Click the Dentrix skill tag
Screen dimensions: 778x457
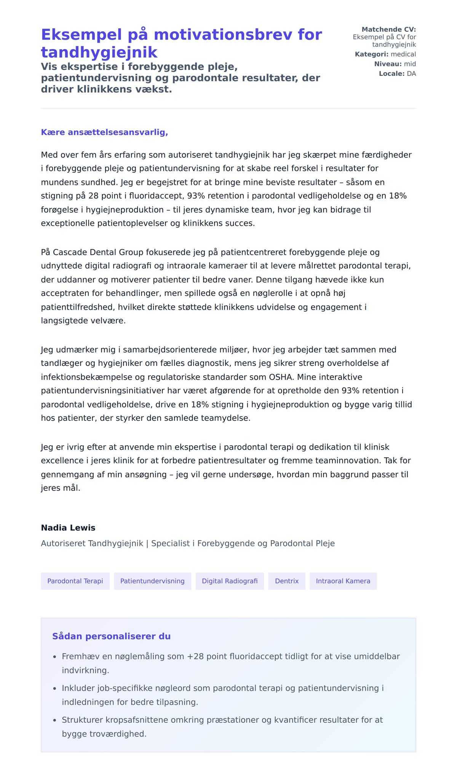(287, 581)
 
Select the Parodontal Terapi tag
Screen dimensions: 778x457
(75, 581)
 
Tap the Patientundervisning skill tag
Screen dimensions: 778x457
(152, 581)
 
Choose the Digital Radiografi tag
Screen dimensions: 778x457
(230, 581)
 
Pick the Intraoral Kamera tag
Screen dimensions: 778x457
(343, 581)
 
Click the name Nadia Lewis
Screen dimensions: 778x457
(68, 528)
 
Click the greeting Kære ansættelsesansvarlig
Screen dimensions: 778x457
(104, 132)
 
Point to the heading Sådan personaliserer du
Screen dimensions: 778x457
(111, 636)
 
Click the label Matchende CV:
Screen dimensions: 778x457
(388, 29)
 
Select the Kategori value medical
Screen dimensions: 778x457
(403, 54)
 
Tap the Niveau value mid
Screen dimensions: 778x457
(410, 64)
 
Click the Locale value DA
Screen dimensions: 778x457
(411, 74)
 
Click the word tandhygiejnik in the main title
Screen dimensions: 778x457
(99, 52)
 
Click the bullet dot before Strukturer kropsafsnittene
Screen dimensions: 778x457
(54, 720)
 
